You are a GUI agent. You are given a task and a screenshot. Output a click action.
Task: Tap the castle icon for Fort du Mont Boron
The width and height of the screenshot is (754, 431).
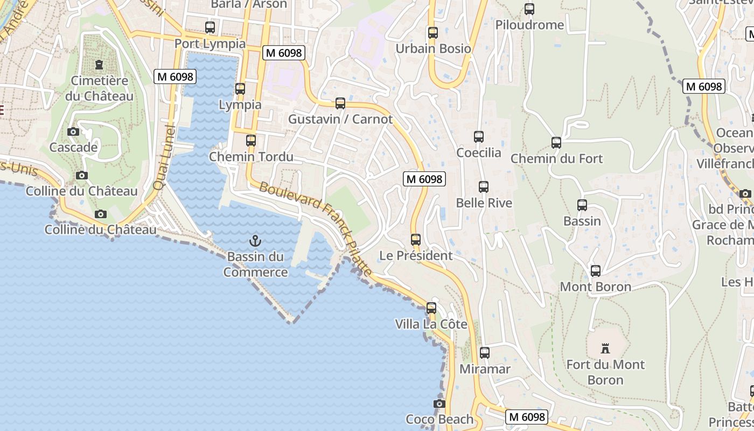tap(605, 349)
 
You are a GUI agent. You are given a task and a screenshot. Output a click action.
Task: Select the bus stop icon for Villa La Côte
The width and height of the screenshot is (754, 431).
tap(431, 308)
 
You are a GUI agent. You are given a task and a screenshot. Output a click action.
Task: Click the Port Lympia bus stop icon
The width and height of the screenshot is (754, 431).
tap(210, 27)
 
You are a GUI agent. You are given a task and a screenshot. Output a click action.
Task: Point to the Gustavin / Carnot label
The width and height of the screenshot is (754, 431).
tap(340, 119)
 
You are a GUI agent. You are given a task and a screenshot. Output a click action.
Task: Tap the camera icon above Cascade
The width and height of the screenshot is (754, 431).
tap(73, 131)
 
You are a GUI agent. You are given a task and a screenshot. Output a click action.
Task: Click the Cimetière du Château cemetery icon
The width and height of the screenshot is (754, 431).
tap(99, 65)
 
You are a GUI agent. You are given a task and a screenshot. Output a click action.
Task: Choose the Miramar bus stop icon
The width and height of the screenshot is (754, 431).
tap(485, 353)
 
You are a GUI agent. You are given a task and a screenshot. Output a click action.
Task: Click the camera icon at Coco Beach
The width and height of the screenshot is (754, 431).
tap(439, 404)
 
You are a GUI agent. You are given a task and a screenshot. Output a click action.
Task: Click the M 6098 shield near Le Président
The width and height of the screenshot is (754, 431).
tap(424, 179)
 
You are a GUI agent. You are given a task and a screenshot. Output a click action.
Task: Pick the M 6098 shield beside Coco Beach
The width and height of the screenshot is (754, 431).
tap(527, 416)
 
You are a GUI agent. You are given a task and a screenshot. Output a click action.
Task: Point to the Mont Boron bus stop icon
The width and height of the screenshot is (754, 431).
tap(596, 271)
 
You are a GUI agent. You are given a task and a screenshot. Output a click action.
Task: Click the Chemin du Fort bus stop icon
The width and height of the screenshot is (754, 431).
tap(556, 143)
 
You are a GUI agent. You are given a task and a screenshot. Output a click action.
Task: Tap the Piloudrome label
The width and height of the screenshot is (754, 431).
tap(529, 25)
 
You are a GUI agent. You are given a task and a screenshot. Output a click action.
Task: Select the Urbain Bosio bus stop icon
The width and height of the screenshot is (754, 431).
tap(433, 32)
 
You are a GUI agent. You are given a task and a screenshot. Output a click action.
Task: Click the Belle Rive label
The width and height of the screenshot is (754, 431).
tap(484, 203)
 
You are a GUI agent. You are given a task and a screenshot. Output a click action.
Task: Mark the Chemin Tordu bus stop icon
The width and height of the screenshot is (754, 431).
tap(251, 141)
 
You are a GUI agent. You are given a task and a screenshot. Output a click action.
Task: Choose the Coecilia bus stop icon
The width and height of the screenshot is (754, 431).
tap(479, 137)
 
